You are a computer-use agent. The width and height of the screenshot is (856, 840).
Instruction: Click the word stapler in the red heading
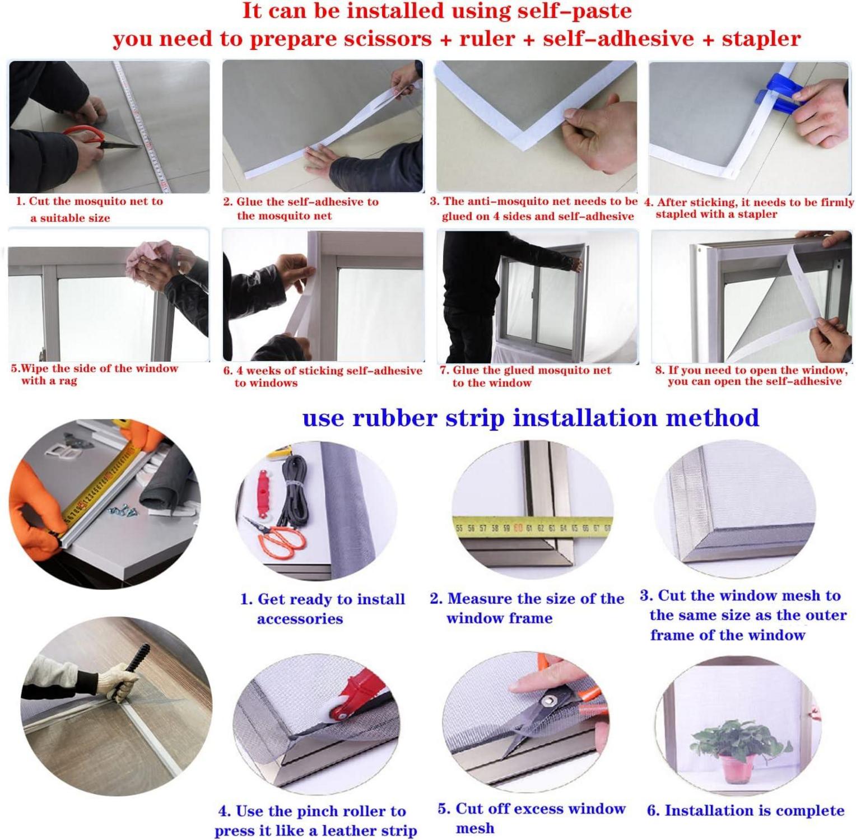click(x=760, y=39)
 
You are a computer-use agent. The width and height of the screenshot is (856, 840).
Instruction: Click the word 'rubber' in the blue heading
click(x=394, y=418)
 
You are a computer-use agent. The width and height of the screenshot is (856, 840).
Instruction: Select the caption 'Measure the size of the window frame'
click(x=527, y=608)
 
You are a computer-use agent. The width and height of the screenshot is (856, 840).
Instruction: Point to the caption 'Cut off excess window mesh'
click(x=531, y=818)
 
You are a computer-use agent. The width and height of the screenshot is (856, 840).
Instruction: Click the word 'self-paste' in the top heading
click(x=562, y=11)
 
